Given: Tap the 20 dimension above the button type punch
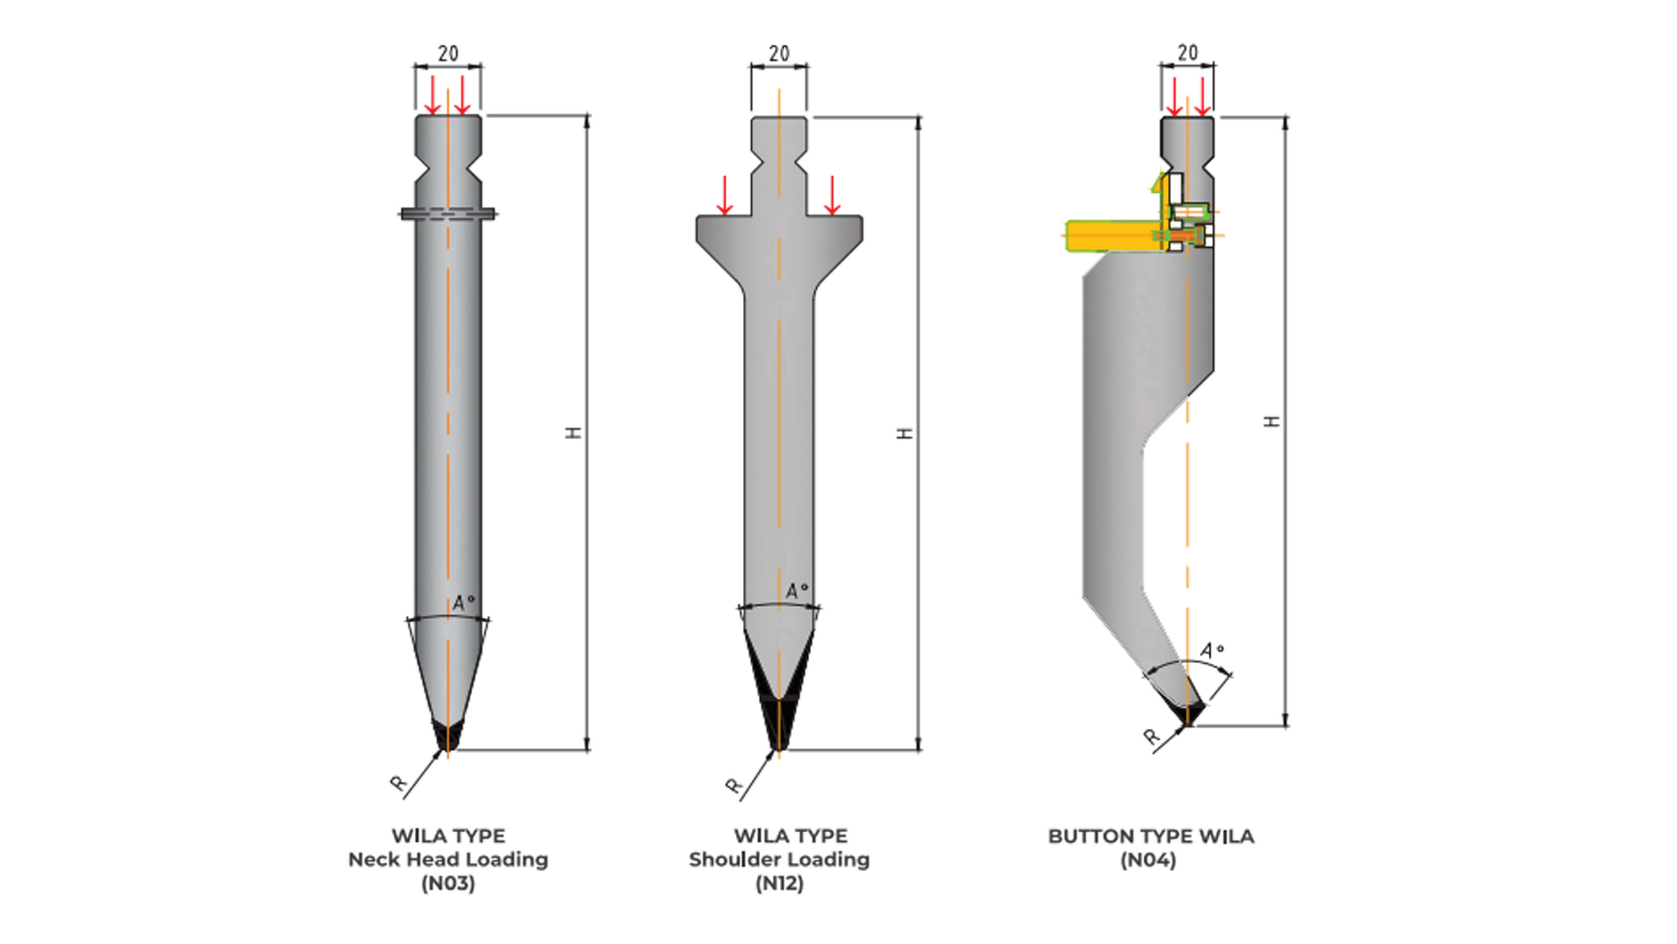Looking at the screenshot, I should pos(1188,53).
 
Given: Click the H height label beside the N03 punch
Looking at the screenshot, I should pos(573,433).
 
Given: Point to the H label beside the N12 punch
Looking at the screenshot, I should pos(905,433).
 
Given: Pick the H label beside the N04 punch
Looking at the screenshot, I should pos(1272,421).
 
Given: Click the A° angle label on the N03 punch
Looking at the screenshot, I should pos(463,602).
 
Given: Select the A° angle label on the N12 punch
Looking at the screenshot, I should pos(796,590).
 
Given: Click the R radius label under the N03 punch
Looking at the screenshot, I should pos(398,783).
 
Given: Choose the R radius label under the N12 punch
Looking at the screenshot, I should pos(733,786).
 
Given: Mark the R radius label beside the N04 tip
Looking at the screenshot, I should pos(1152,737).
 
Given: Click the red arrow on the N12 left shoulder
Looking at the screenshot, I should pos(725,195).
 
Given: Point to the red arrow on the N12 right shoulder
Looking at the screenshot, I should pos(832,195).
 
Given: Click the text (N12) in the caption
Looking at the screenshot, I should pos(779,884).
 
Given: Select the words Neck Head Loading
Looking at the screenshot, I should pos(448,859).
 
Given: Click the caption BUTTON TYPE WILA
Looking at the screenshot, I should pos(1150,836).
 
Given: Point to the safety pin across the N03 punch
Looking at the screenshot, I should pos(448,213).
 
